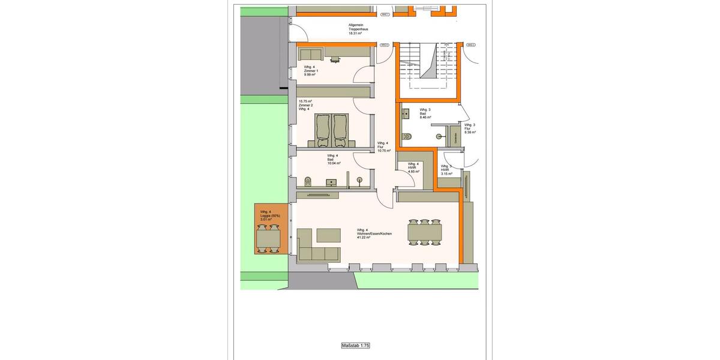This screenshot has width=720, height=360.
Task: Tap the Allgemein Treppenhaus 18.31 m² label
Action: click(x=359, y=29)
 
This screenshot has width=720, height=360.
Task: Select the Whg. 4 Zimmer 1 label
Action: click(x=311, y=70)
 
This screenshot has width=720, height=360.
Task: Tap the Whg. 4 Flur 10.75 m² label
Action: click(x=383, y=147)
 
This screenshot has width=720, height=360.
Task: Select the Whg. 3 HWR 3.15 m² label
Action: click(x=446, y=170)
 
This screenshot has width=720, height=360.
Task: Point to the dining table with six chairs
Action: click(x=425, y=232)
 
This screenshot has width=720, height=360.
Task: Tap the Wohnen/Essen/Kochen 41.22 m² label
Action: click(x=373, y=233)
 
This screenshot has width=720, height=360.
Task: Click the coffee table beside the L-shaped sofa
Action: click(x=328, y=233)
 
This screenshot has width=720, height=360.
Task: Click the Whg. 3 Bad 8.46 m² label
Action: click(x=425, y=113)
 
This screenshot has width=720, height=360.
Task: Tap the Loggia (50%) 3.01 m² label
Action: click(x=266, y=216)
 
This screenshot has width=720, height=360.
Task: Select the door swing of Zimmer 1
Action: click(x=362, y=75)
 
